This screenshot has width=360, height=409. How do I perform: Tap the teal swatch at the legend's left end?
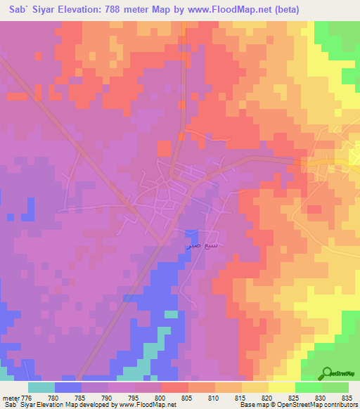click(41, 387)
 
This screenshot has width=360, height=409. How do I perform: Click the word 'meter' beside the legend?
click(9, 397)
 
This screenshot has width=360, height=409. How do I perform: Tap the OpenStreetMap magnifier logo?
click(328, 373)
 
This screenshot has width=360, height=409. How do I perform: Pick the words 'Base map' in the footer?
click(252, 405)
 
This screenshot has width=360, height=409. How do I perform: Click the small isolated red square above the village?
click(164, 148)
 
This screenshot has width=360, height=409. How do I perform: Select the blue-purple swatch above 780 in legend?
click(68, 387)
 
